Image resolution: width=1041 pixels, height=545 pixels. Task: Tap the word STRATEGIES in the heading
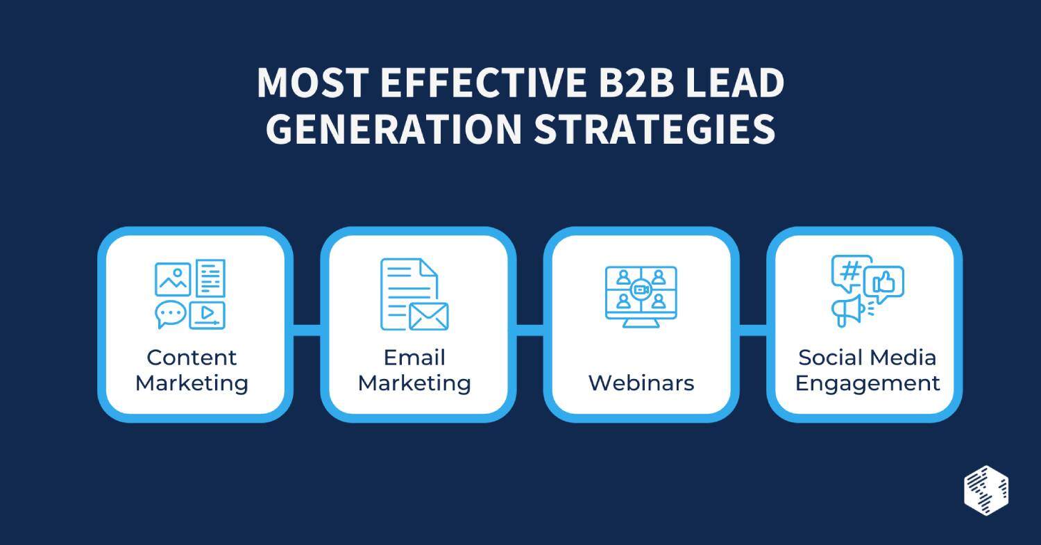[654, 129]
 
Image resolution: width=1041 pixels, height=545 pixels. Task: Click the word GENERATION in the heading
[394, 129]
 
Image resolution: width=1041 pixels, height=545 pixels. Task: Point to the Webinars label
[641, 383]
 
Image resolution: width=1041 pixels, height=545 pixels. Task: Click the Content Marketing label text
[192, 371]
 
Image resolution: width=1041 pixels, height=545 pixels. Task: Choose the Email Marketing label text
[414, 371]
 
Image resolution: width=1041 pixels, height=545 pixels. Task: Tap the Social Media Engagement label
[867, 371]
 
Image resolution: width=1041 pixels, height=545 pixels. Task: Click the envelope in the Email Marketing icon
[428, 316]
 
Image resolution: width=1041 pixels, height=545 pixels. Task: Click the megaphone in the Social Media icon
[849, 310]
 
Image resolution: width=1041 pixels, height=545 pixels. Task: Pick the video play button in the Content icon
[208, 315]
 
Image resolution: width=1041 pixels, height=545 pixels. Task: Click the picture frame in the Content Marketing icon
[172, 280]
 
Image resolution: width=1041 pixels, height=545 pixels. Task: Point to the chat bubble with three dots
[171, 315]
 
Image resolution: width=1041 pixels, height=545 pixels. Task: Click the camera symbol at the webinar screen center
[641, 290]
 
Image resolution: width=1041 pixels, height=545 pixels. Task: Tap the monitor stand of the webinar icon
[641, 324]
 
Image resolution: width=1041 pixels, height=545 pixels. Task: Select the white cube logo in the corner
[986, 491]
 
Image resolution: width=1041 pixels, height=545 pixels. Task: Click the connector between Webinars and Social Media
[753, 330]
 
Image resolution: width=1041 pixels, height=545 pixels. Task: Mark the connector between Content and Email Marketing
[307, 330]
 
